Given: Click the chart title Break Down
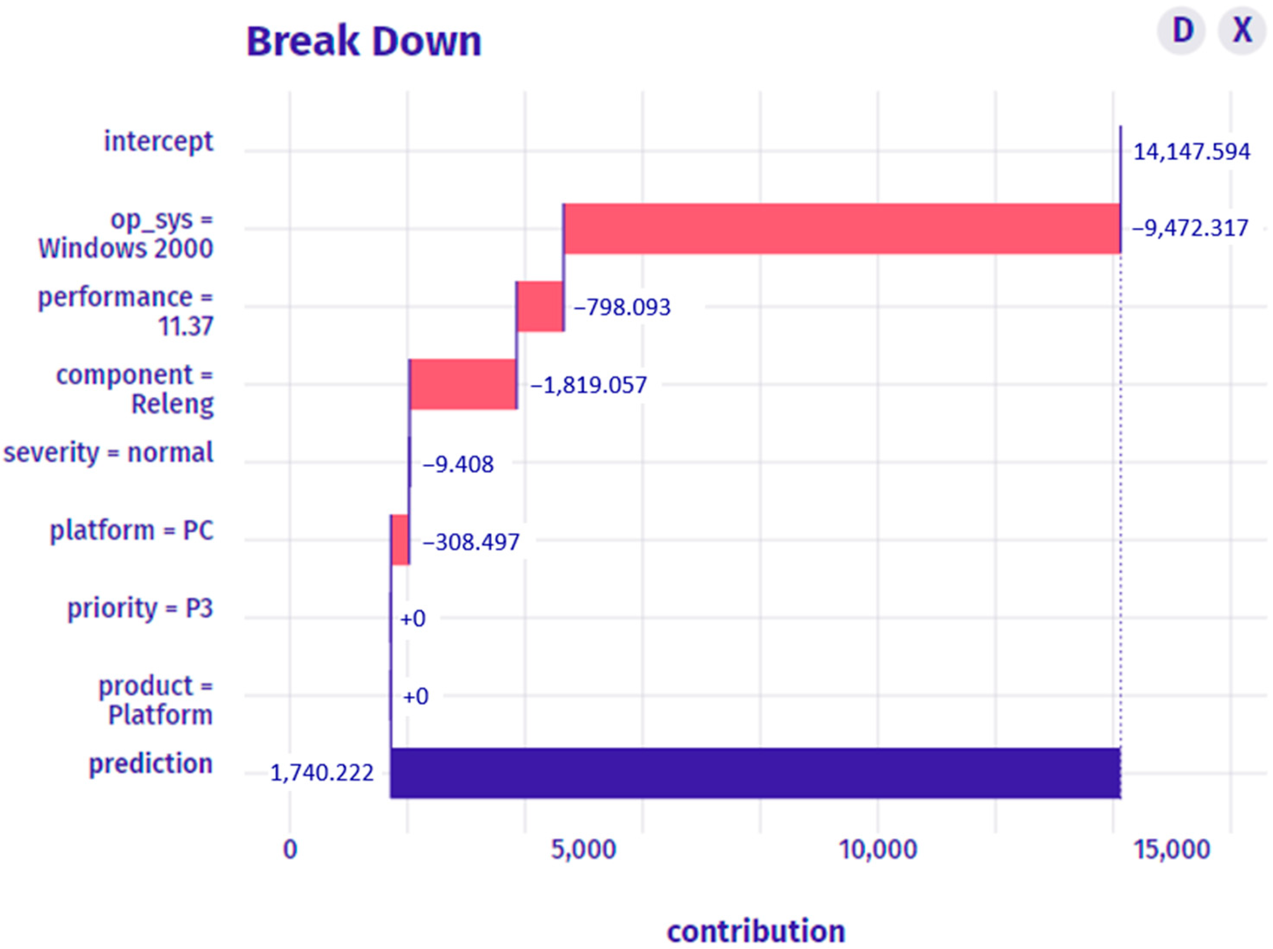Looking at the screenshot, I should [x=364, y=42].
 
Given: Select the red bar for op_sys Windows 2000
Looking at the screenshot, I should [x=842, y=229].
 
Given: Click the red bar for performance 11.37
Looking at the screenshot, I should [x=540, y=306].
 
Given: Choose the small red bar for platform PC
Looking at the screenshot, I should [x=400, y=540].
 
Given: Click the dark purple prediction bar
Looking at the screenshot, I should [x=755, y=773].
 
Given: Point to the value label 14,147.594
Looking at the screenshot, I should [x=1191, y=152].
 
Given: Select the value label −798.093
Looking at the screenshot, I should [x=621, y=307].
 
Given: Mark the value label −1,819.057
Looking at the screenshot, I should [x=588, y=385].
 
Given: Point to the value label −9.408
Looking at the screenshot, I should [x=458, y=464].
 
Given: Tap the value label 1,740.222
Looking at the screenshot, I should [x=321, y=773].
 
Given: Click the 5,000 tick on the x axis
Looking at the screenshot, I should [x=583, y=849].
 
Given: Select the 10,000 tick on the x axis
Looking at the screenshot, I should [x=878, y=849].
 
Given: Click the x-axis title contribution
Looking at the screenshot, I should [x=756, y=930].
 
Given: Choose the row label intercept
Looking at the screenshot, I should [x=158, y=141].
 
